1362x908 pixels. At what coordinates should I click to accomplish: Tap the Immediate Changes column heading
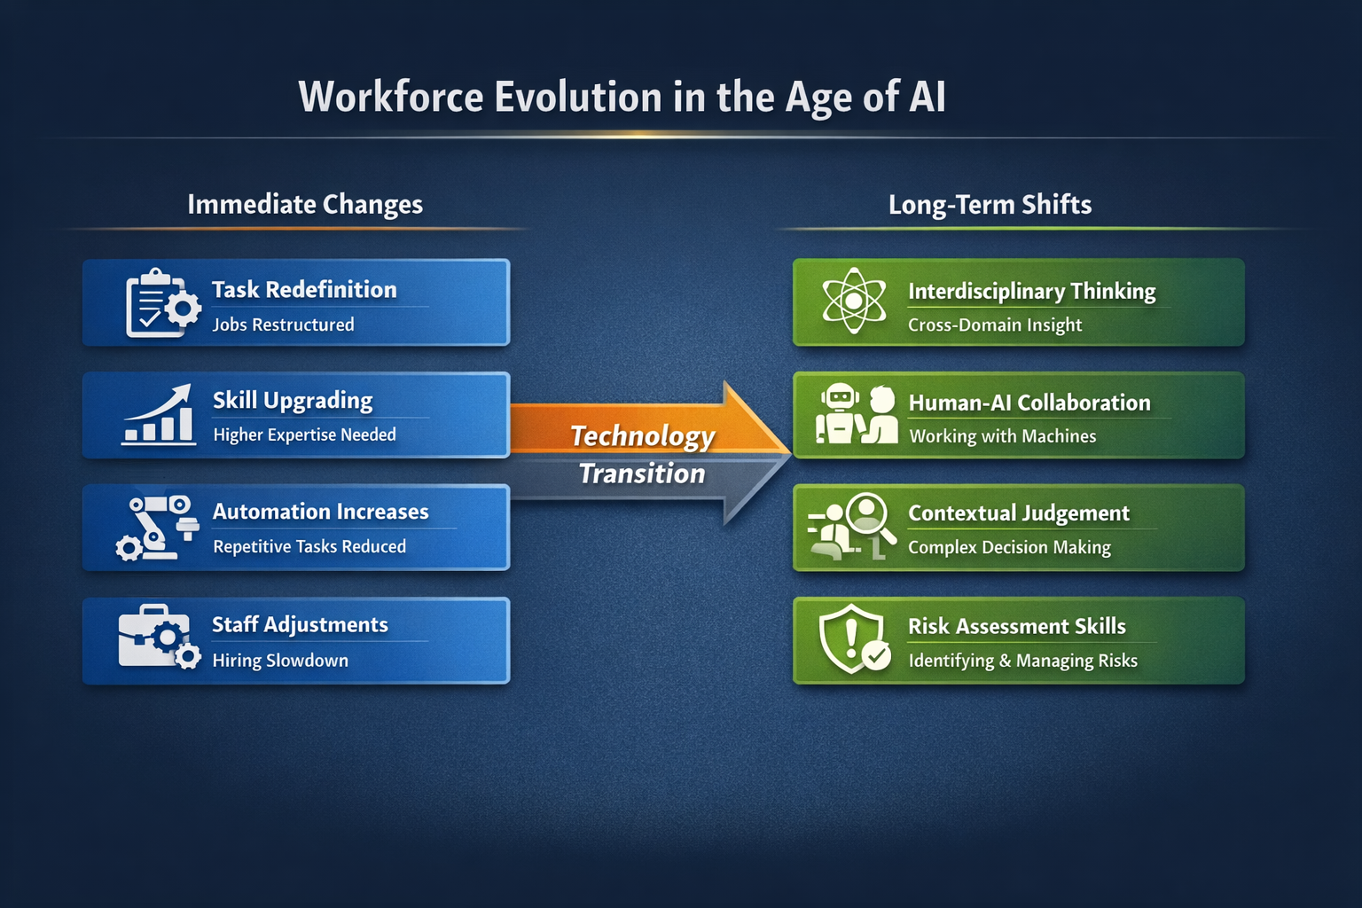(x=305, y=204)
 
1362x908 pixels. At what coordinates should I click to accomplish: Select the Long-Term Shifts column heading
(x=990, y=205)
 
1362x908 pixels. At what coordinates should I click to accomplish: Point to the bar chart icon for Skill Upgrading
(x=158, y=414)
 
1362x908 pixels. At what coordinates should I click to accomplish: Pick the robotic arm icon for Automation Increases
(x=157, y=528)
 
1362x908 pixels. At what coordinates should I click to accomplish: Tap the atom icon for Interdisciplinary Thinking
(x=854, y=301)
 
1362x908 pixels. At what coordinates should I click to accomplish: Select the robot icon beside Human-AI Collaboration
(x=839, y=413)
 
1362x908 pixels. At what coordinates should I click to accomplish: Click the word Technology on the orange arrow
(x=643, y=436)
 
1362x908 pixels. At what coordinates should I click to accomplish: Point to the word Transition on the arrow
(x=642, y=474)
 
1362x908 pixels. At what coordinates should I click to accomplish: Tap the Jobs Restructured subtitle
(x=284, y=325)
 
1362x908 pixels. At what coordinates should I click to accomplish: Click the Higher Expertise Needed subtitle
(x=305, y=434)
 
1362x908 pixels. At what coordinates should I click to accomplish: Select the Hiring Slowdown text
(x=280, y=661)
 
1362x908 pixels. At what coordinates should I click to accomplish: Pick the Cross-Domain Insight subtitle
(x=995, y=325)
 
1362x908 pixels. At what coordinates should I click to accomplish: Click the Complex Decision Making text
(x=1009, y=547)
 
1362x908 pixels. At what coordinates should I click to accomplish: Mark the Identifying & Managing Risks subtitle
(x=1022, y=661)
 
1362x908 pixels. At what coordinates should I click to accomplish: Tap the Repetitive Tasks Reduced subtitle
(x=309, y=546)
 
